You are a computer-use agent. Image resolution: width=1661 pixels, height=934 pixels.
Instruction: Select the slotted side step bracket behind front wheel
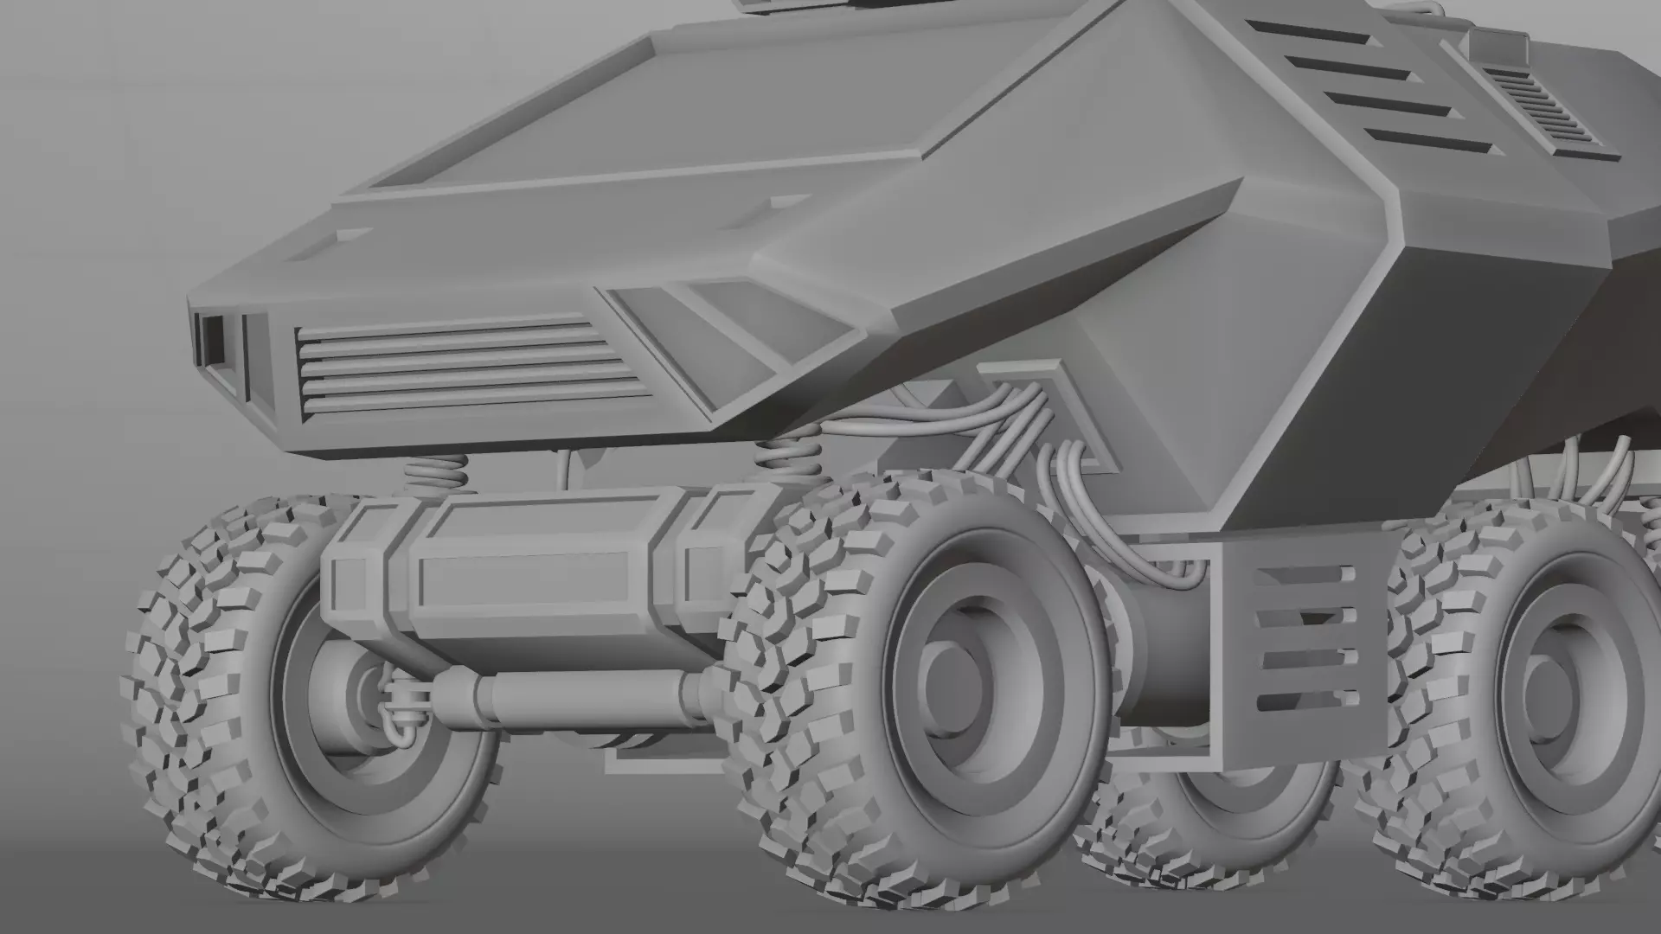coord(1298,640)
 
